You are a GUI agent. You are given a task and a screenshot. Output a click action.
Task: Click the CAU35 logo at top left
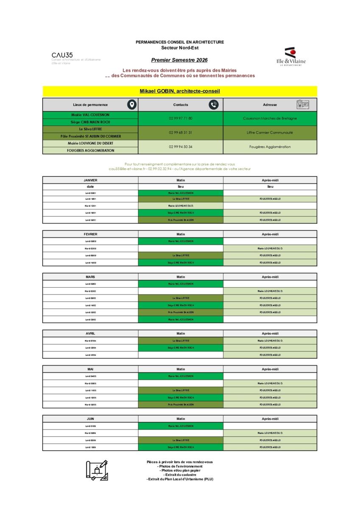(62, 55)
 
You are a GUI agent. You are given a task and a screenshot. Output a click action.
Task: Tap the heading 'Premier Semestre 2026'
(180, 60)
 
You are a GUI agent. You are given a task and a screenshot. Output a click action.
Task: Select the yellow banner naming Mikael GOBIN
(180, 91)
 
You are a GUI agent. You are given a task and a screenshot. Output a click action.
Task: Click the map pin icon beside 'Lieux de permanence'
(132, 105)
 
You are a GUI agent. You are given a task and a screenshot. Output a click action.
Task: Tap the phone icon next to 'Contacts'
(213, 105)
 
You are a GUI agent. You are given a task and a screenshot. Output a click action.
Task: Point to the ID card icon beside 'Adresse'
(302, 105)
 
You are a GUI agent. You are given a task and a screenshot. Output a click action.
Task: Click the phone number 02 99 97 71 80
(181, 118)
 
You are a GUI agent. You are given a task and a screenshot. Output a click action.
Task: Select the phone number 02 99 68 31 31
(181, 133)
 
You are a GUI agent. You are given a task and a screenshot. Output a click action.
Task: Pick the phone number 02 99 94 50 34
(181, 147)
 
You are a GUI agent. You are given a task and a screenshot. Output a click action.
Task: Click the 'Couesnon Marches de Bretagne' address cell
(270, 118)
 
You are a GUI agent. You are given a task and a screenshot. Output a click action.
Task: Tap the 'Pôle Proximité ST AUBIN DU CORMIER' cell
(90, 136)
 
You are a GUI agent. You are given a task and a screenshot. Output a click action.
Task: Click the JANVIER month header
(90, 180)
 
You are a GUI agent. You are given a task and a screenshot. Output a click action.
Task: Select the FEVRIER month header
(90, 234)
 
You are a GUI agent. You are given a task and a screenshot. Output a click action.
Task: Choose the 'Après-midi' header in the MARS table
(270, 277)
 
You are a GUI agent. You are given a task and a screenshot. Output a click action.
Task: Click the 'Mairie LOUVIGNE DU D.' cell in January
(181, 205)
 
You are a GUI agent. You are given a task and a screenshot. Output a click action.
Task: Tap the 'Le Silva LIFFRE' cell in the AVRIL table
(181, 341)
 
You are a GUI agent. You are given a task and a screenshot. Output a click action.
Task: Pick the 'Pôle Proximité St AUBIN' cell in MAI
(181, 405)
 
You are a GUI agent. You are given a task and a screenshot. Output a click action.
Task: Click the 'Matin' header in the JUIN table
(181, 419)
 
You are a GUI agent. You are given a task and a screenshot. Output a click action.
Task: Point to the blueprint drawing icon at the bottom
(97, 470)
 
